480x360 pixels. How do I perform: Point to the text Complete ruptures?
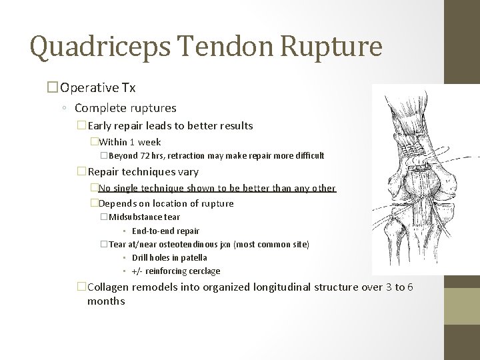(x=125, y=107)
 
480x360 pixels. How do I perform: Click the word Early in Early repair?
(x=100, y=125)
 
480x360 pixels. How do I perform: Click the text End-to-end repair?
(x=165, y=231)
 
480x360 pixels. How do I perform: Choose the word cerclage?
(x=203, y=271)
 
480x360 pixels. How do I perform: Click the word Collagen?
(x=109, y=287)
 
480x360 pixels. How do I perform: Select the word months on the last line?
(x=106, y=301)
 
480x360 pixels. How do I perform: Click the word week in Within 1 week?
(x=149, y=142)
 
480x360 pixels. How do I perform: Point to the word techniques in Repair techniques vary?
(x=149, y=172)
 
